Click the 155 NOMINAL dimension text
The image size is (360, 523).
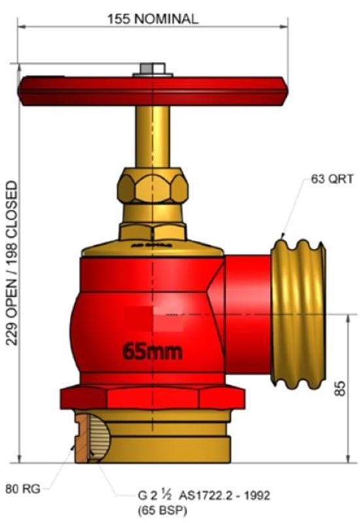(152, 19)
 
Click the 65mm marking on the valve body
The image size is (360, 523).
(152, 351)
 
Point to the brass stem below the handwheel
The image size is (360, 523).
(152, 137)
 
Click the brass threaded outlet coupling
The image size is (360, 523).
(297, 314)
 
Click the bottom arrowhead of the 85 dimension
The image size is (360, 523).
(345, 459)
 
